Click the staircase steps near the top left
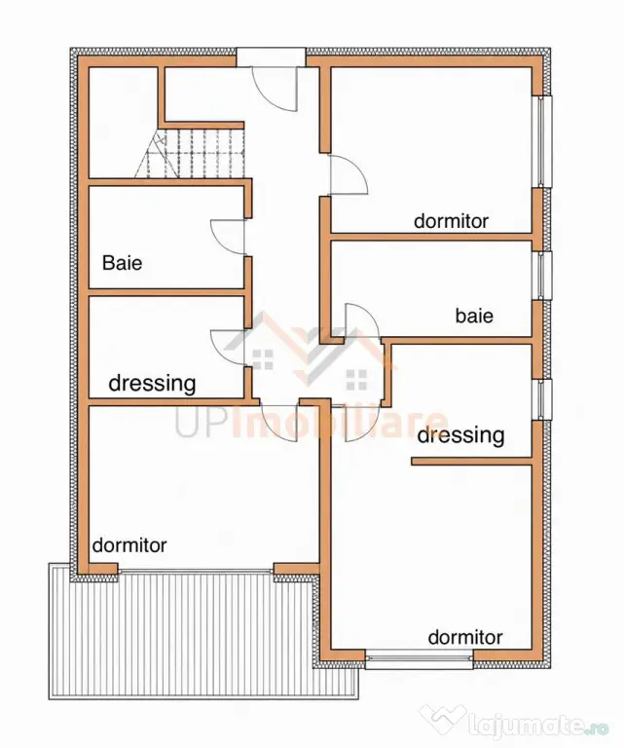pyautogui.click(x=190, y=153)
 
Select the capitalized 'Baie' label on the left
pyautogui.click(x=122, y=263)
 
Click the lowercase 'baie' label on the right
pyautogui.click(x=474, y=316)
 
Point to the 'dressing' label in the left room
pyautogui.click(x=152, y=383)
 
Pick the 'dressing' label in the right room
pyautogui.click(x=460, y=435)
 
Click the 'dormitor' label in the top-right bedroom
pyautogui.click(x=451, y=221)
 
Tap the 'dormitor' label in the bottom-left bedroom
pyautogui.click(x=129, y=544)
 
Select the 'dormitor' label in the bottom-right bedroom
pyautogui.click(x=465, y=637)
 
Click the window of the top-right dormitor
pyautogui.click(x=543, y=141)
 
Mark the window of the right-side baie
pyautogui.click(x=543, y=276)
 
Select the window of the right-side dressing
pyautogui.click(x=543, y=399)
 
